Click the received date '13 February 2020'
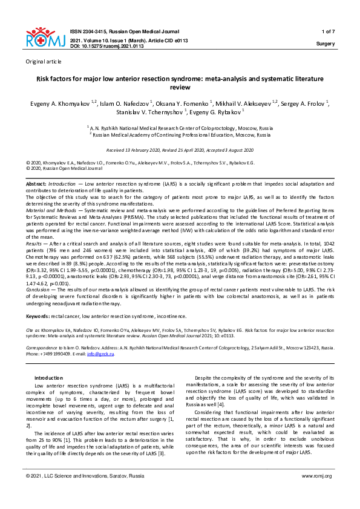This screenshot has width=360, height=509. tap(149, 150)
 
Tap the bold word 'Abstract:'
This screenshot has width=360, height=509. tap(36, 183)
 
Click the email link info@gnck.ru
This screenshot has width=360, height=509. tap(103, 354)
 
